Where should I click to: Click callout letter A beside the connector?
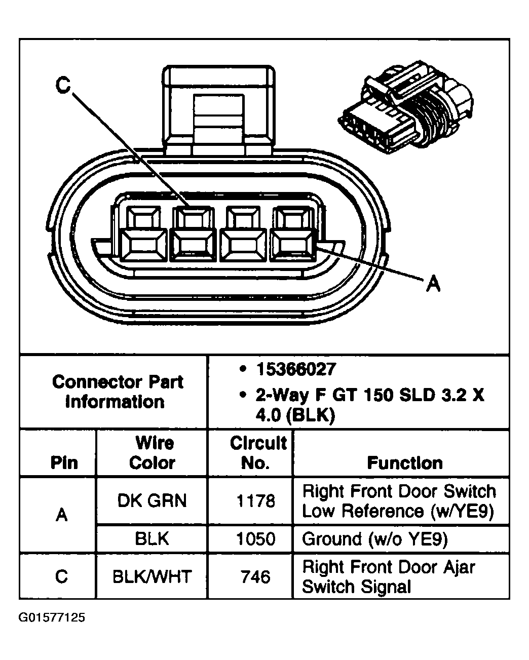[432, 284]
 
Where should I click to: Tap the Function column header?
[404, 463]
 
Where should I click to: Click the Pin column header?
[64, 463]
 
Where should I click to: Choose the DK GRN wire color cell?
[152, 501]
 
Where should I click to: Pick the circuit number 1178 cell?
[256, 501]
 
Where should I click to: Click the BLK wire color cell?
[152, 539]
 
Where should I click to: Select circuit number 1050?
[256, 539]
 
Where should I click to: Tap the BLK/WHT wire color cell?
[152, 576]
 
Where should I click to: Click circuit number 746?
[256, 576]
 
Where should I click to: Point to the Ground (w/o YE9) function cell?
[375, 539]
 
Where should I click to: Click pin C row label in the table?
[61, 576]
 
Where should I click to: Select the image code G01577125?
[52, 617]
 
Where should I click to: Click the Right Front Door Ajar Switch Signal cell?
[388, 576]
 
